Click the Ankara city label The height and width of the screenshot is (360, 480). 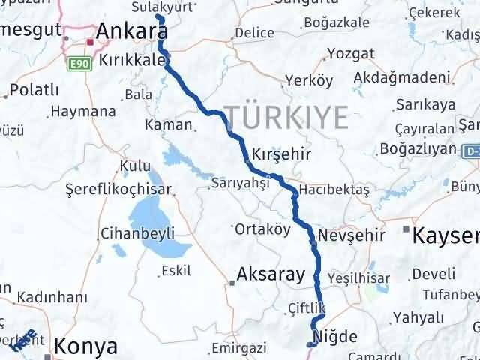[x=132, y=31]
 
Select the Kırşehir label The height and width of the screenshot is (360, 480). [x=282, y=152]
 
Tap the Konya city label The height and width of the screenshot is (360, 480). [x=86, y=346]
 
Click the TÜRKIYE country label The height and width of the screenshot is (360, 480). [x=286, y=118]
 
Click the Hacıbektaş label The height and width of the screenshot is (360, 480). [x=334, y=190]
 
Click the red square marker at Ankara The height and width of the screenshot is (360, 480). [x=90, y=42]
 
